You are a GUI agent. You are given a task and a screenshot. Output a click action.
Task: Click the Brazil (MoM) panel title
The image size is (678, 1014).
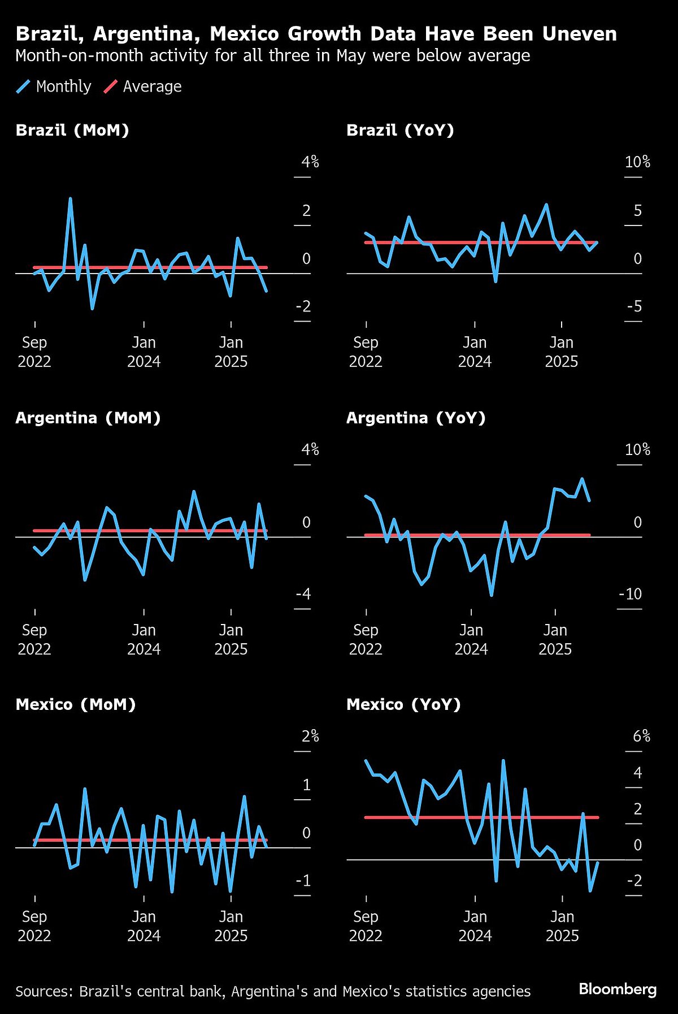click(x=72, y=130)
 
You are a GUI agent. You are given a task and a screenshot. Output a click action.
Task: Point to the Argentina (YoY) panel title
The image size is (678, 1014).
click(x=416, y=418)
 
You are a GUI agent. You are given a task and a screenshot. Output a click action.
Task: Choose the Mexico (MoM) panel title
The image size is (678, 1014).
click(x=76, y=704)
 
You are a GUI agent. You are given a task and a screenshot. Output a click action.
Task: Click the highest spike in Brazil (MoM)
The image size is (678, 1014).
click(x=70, y=199)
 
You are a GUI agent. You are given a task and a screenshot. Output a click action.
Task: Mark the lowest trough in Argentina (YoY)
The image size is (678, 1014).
click(x=492, y=595)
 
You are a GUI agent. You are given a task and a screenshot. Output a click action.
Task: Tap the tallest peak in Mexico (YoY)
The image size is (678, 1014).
click(x=503, y=761)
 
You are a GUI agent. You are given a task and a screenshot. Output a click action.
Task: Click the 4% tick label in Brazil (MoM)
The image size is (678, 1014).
click(x=310, y=162)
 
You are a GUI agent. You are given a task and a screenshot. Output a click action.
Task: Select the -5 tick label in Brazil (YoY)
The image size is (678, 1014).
click(x=634, y=306)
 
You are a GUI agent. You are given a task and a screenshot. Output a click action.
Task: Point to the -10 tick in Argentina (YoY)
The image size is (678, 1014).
click(x=630, y=594)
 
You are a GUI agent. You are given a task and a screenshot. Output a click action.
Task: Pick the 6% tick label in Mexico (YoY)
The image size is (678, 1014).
click(x=641, y=736)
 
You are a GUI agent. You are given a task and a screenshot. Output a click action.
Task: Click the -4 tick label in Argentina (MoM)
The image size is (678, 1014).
click(x=303, y=594)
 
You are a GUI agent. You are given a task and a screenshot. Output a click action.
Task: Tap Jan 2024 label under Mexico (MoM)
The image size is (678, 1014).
click(x=144, y=926)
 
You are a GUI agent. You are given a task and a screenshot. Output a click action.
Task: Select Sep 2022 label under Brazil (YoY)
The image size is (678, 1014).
click(x=366, y=352)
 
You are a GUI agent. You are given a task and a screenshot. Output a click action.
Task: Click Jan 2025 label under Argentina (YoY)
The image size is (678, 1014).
click(x=555, y=639)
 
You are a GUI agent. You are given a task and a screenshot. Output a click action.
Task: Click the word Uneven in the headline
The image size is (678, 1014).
click(x=579, y=34)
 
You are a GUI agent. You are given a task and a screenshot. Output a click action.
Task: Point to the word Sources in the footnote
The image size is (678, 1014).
click(x=44, y=991)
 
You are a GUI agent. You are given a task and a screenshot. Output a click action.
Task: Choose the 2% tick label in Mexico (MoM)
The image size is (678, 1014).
click(x=310, y=736)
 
